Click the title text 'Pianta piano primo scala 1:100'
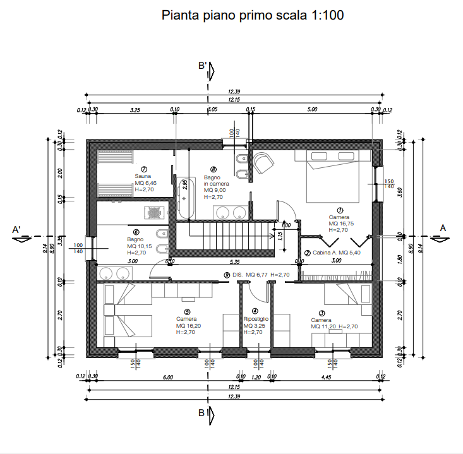pos(253,15)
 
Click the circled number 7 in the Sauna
pos(145,169)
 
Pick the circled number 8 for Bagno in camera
pos(213,169)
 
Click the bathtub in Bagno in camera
pos(184,197)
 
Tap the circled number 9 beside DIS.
pos(227,275)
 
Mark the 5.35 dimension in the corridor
pos(234,261)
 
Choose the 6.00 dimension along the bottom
pos(167,377)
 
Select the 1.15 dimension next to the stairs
pos(279,235)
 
